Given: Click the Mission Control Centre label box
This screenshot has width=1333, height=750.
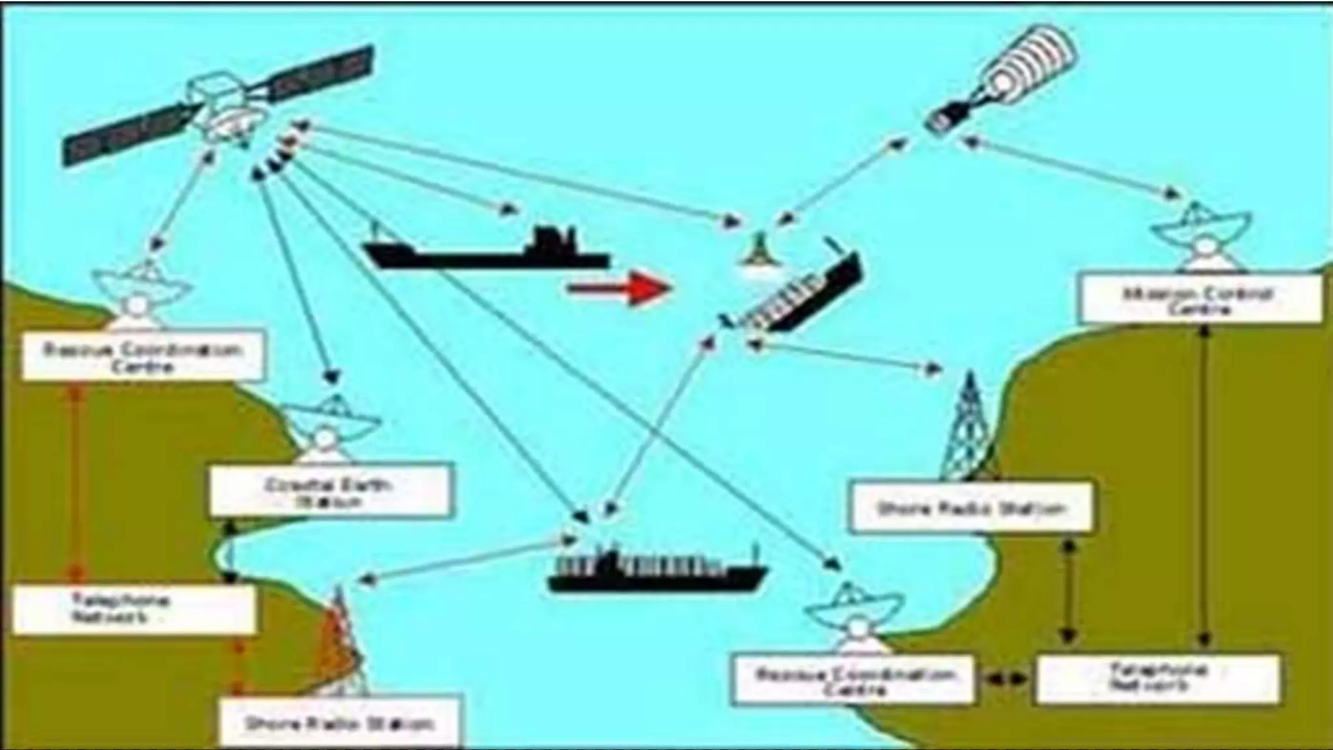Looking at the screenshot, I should pos(1201,299).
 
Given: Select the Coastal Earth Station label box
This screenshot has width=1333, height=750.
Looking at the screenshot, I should pos(329,490).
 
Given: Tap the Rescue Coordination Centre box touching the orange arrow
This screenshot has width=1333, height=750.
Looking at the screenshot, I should pos(143,355).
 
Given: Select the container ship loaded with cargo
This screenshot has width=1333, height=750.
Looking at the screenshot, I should pos(657,572).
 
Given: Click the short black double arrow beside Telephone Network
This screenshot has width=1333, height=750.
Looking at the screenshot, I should pos(1005,678).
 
